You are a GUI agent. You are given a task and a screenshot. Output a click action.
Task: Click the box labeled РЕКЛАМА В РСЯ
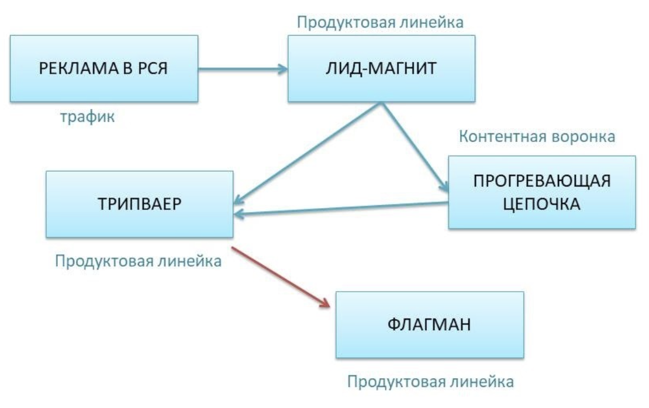(x=104, y=68)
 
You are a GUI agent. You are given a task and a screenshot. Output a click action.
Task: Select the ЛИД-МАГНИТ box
(x=381, y=68)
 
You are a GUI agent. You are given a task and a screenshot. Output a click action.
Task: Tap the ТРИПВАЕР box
(x=139, y=204)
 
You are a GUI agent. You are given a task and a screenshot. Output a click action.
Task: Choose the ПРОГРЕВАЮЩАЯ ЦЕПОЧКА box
(x=541, y=192)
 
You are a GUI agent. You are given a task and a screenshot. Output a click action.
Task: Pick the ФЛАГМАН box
(x=429, y=324)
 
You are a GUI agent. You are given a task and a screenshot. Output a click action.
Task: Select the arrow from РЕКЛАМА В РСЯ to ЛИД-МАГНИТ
(x=243, y=68)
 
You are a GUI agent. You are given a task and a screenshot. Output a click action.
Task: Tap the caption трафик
(x=87, y=117)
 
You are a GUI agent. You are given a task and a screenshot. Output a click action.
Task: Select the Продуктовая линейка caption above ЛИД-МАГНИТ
(x=380, y=23)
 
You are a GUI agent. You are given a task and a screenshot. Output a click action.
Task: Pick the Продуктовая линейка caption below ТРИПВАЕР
(x=139, y=261)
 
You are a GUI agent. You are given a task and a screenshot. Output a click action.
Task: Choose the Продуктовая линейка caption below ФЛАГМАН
(x=431, y=382)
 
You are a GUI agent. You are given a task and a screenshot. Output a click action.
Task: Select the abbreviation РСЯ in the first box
(x=152, y=68)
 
